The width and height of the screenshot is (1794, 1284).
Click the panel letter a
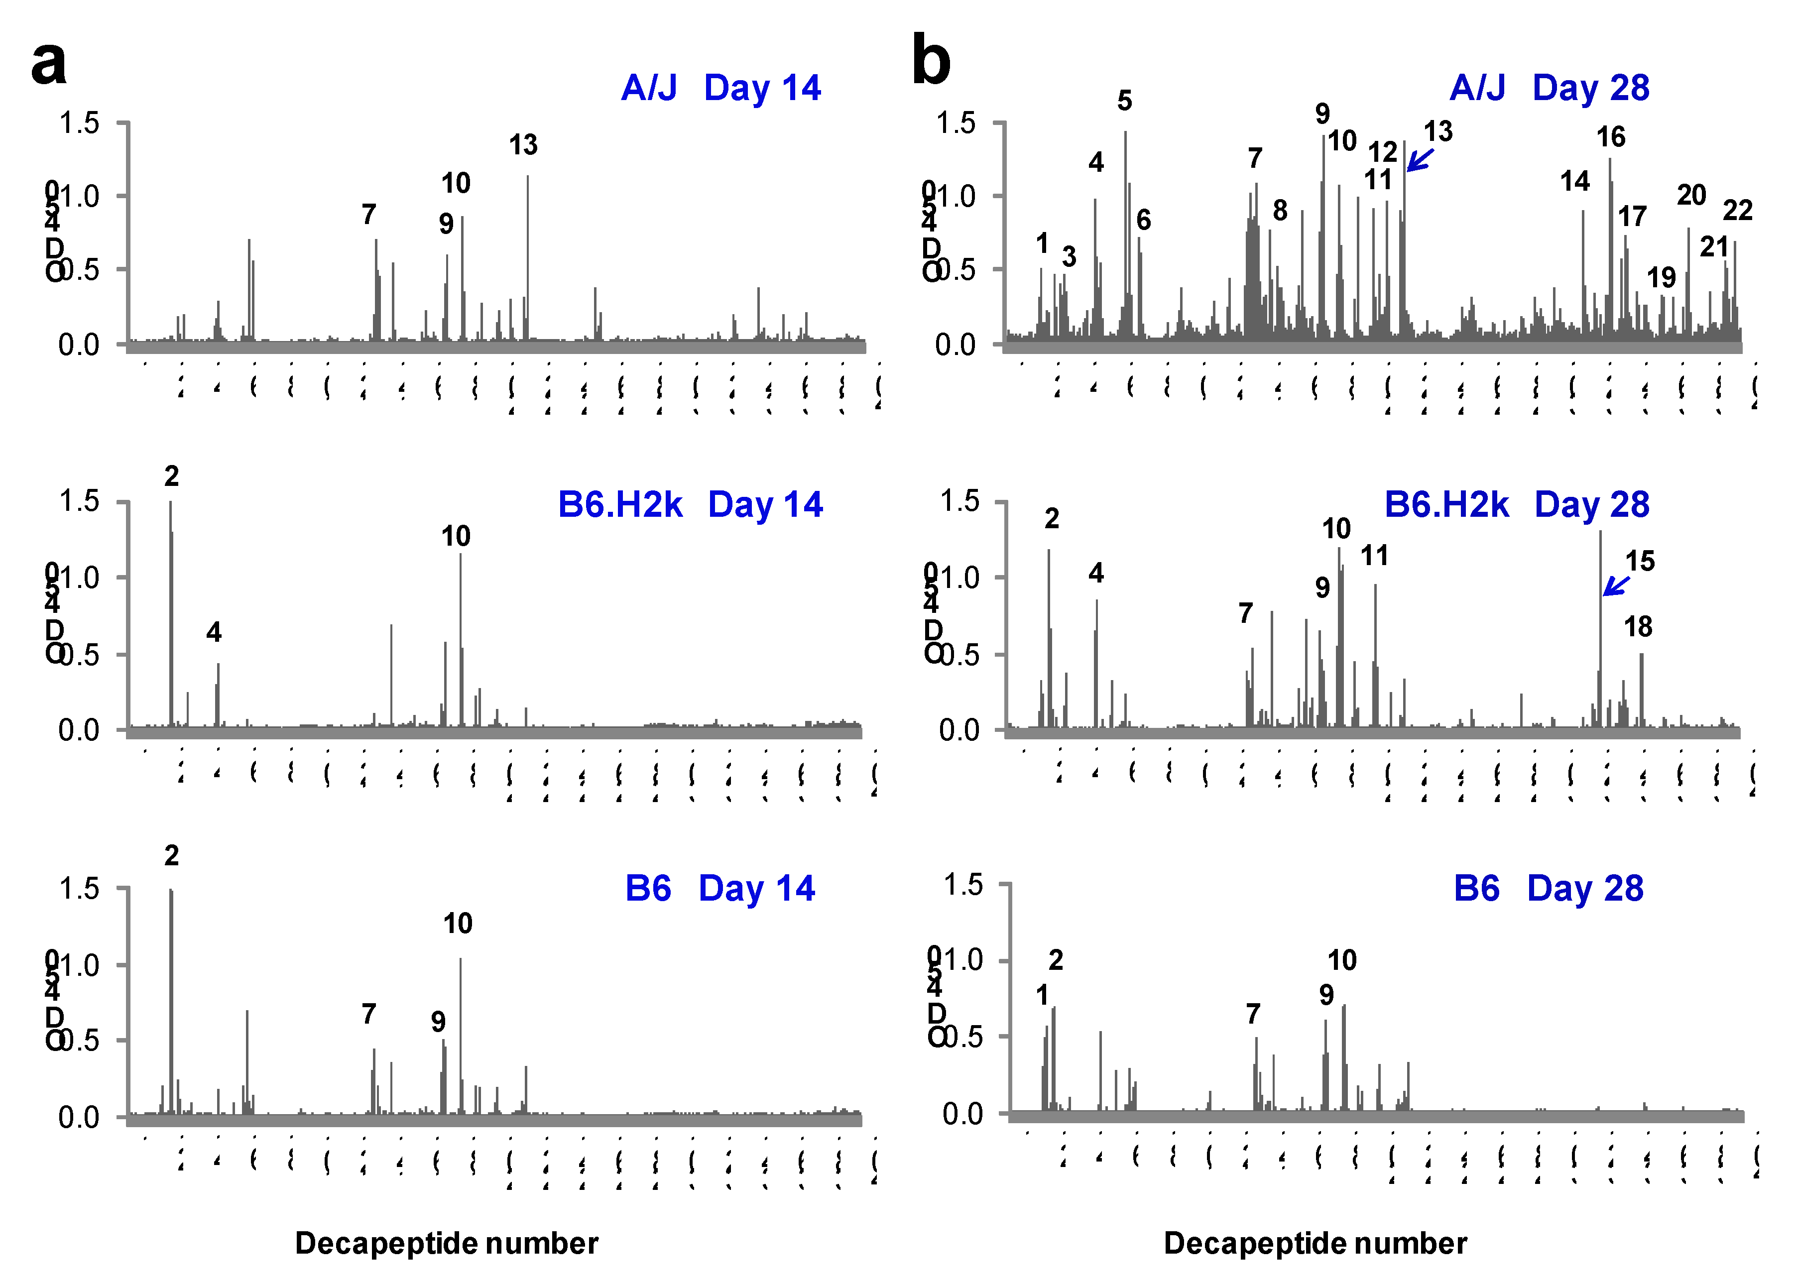(x=48, y=63)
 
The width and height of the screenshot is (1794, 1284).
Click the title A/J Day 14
(x=721, y=88)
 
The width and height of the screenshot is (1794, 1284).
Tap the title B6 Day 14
(x=719, y=889)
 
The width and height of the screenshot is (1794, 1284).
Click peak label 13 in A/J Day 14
(x=523, y=145)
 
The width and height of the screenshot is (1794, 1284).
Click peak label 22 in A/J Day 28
(x=1738, y=210)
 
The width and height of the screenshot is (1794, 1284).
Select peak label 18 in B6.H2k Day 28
(x=1638, y=627)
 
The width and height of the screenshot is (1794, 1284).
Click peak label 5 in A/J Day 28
(x=1124, y=101)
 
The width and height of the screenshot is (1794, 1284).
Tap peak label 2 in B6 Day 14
(x=172, y=855)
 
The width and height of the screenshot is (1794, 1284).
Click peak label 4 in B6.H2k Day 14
(x=214, y=632)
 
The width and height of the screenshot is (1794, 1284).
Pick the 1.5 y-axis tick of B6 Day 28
(x=962, y=885)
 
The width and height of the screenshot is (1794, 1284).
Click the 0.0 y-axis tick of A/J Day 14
(x=79, y=345)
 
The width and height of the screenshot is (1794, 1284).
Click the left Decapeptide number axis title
(x=446, y=1244)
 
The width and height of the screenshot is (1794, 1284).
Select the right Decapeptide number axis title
(x=1315, y=1244)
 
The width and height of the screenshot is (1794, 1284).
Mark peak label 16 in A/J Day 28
(x=1611, y=137)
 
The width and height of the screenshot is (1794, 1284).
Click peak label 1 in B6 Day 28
(x=1042, y=995)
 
